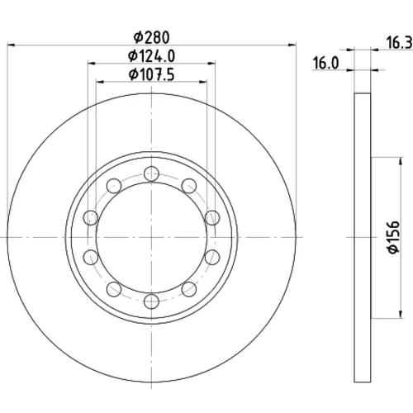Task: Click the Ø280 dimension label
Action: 151,37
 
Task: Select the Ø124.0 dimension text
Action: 151,56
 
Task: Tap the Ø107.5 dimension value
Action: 151,74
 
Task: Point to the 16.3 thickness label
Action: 399,43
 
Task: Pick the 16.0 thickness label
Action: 325,63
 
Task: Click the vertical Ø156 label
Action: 393,237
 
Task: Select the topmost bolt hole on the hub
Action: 151,173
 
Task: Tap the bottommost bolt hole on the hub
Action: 151,301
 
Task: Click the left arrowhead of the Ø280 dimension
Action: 11,44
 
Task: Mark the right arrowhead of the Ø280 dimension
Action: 292,44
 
